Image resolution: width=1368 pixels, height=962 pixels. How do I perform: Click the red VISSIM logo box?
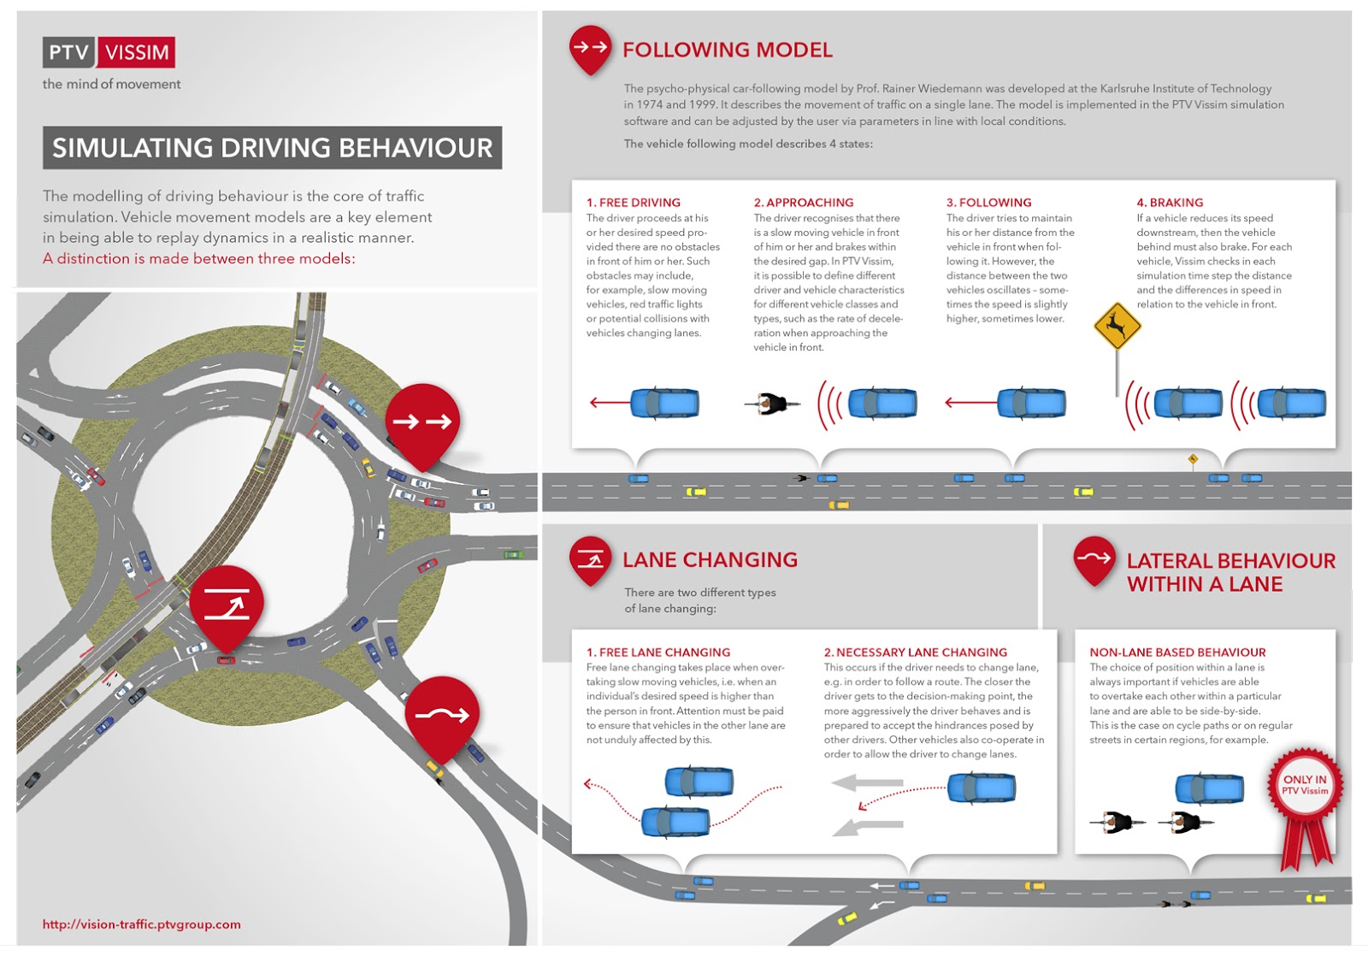137,52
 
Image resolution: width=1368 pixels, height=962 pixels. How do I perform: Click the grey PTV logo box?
68,52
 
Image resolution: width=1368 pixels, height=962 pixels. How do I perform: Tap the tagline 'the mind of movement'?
111,84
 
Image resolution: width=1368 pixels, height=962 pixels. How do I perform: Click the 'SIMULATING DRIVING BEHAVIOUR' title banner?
272,148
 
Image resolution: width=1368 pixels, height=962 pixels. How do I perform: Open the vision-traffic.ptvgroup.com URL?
142,924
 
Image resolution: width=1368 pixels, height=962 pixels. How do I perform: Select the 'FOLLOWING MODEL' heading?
727,50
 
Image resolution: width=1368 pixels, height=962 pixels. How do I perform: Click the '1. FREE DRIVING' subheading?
633,203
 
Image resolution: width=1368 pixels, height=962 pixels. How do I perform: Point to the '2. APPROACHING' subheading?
803,203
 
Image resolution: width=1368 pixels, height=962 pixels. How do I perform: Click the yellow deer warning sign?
1117,325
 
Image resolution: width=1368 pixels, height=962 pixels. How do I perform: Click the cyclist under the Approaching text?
773,403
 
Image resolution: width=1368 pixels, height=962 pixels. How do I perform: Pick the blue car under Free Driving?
664,403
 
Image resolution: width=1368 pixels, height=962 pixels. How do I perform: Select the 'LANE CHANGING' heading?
710,560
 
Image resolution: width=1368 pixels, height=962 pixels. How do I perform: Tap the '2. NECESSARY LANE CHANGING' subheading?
915,652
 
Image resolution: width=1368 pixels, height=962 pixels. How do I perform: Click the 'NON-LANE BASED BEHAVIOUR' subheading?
1176,652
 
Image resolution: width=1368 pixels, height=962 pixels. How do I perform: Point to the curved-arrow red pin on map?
442,714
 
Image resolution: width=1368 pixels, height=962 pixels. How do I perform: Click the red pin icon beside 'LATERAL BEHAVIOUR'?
1094,559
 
